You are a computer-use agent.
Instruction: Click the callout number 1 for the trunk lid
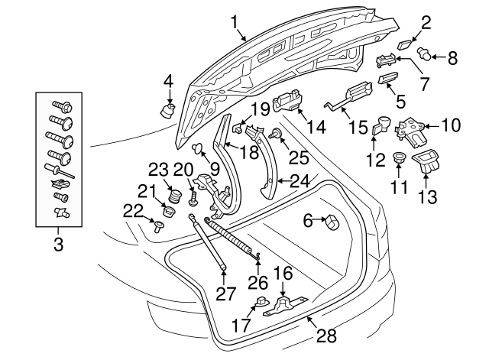click(236, 21)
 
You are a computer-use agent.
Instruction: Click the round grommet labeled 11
click(397, 157)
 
